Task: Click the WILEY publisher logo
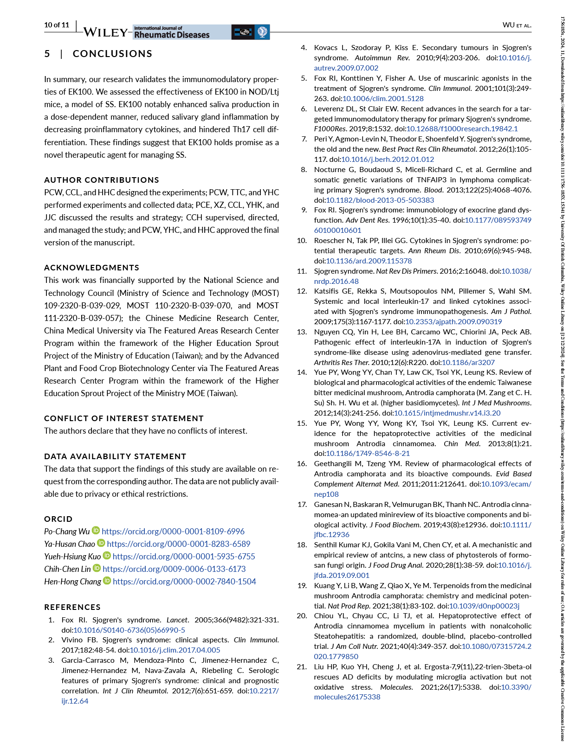click(x=106, y=32)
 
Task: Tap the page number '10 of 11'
click(x=57, y=25)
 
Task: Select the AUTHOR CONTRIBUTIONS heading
click(x=102, y=180)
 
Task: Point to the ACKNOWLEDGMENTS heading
click(x=91, y=268)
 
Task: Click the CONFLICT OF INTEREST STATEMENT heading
click(x=124, y=418)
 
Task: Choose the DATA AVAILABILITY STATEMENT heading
click(x=115, y=456)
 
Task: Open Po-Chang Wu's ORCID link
click(x=173, y=532)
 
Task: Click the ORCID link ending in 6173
click(x=174, y=569)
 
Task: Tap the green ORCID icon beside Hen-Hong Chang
click(x=107, y=581)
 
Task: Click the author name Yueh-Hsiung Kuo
click(x=72, y=557)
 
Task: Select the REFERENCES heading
click(x=72, y=607)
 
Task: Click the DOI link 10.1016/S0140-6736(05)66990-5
click(x=129, y=630)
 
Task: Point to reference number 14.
click(x=302, y=372)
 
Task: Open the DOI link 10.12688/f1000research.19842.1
click(x=462, y=129)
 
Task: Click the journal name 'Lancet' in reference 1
click(x=177, y=620)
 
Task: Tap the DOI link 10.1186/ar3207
click(x=468, y=362)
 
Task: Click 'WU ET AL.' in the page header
click(x=517, y=25)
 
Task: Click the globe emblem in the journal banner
click(x=262, y=32)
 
